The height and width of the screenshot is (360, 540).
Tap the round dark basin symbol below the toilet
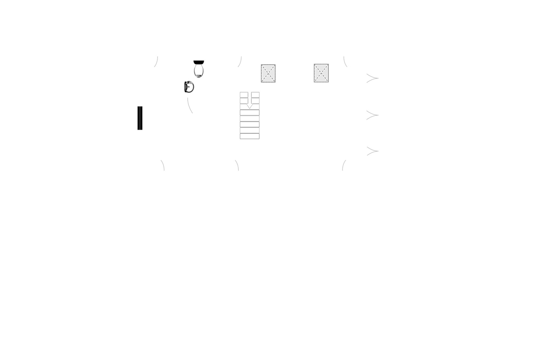pos(189,87)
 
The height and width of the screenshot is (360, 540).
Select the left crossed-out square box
pos(269,74)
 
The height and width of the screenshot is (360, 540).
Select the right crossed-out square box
pos(321,74)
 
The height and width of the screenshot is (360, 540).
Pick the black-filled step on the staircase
pos(249,123)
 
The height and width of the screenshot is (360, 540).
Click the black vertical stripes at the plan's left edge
pos(140,118)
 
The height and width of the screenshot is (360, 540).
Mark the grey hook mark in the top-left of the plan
pos(156,61)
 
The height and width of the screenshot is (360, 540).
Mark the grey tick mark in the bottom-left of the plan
pos(163,166)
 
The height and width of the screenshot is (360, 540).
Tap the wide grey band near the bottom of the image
pos(270,319)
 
